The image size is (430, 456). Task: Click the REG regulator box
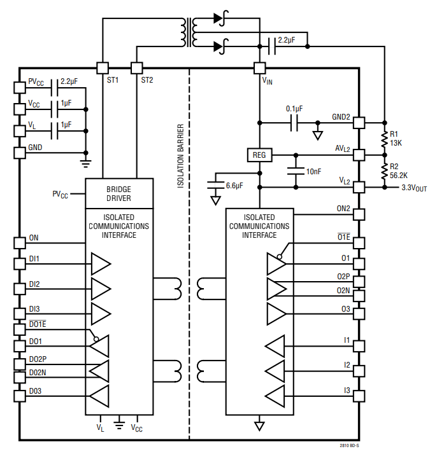tap(259, 155)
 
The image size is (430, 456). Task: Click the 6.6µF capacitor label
tap(234, 186)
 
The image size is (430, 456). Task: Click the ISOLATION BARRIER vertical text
tap(180, 156)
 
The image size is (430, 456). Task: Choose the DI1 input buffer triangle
tap(101, 263)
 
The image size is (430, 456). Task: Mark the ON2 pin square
tap(359, 214)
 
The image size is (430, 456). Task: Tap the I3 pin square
tap(359, 396)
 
